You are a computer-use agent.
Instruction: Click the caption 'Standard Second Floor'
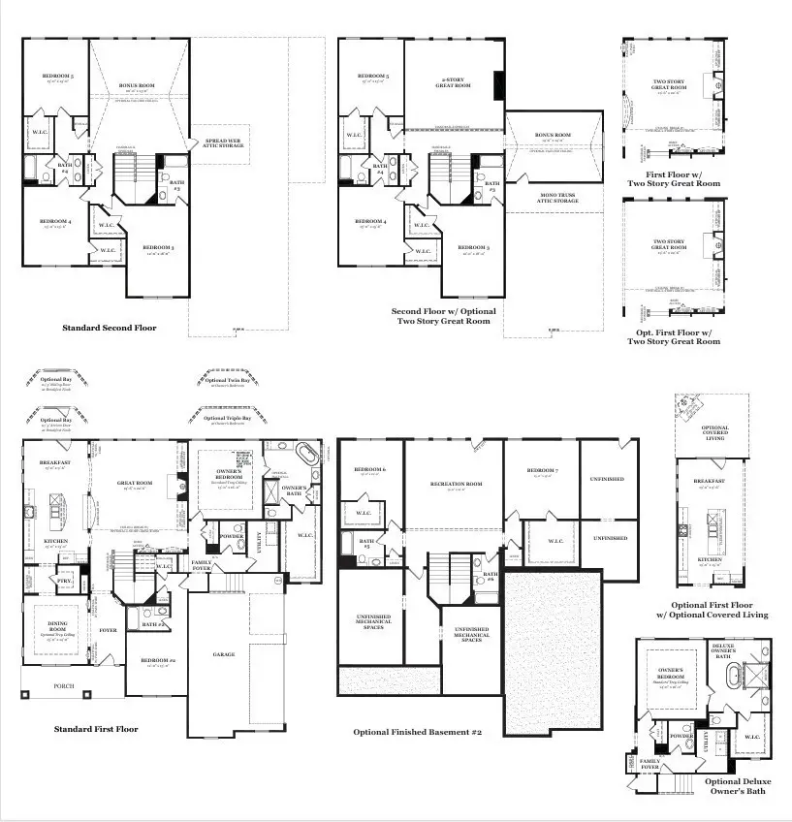110,328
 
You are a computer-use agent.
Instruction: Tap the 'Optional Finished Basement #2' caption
418,732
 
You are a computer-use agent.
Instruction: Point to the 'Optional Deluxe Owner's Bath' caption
735,786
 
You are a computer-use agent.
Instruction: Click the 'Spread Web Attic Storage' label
224,143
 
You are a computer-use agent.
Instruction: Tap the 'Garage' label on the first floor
224,654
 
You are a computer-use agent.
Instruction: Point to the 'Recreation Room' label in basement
456,484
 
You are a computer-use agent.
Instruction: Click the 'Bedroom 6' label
370,470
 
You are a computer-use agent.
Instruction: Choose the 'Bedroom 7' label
541,471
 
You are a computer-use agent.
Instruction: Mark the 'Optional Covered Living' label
714,433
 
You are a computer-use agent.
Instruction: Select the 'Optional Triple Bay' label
226,419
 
